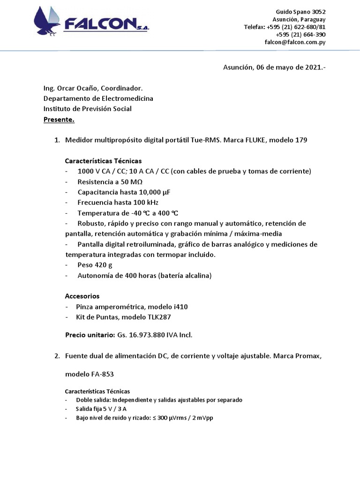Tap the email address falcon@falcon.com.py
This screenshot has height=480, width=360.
pos(295,42)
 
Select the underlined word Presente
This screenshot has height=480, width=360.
pos(59,120)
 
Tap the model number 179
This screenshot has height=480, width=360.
pos(301,140)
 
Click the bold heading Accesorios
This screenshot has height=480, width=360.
pos(82,296)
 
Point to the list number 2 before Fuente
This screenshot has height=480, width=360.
pos(56,356)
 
